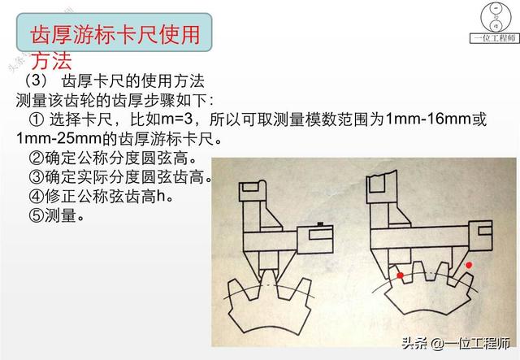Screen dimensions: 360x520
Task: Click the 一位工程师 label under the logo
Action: pyautogui.click(x=493, y=39)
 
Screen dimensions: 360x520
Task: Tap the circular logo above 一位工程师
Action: pyautogui.click(x=492, y=16)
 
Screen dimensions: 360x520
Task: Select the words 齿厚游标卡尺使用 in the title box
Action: pyautogui.click(x=114, y=37)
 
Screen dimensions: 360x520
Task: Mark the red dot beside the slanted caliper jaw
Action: pyautogui.click(x=469, y=264)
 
